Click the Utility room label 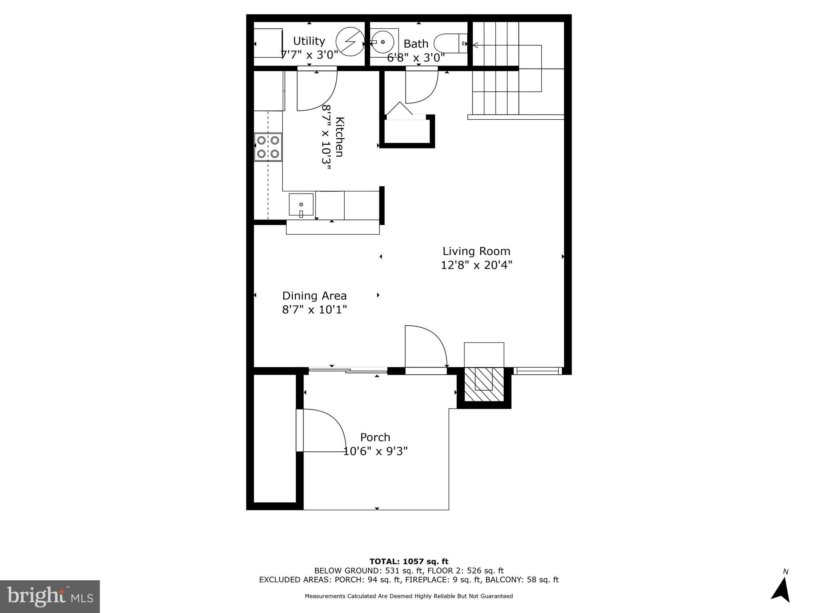(309, 41)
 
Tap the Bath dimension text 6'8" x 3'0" (416, 58)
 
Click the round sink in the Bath (383, 42)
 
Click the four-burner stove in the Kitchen (268, 147)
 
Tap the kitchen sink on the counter (301, 205)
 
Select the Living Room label (476, 251)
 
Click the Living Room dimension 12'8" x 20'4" (476, 265)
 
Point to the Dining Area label (314, 296)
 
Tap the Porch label (375, 437)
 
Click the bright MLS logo (50, 596)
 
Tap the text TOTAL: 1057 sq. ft (409, 562)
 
